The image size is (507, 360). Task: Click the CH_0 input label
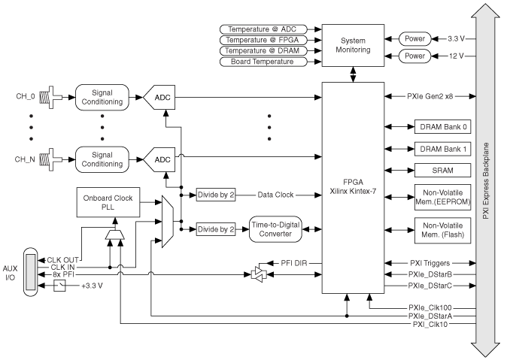(x=26, y=96)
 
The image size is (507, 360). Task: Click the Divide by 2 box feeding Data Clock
(x=216, y=194)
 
